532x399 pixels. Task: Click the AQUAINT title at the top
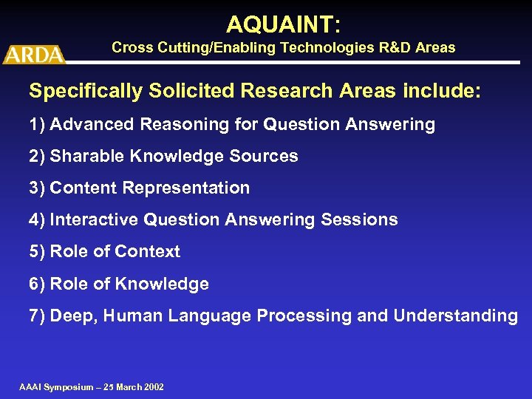point(283,24)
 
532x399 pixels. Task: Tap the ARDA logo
point(33,54)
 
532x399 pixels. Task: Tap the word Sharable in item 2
point(82,156)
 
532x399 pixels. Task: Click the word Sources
point(268,156)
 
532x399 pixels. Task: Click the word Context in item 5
point(147,251)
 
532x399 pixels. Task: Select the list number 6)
point(37,284)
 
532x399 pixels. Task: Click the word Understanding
point(455,316)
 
